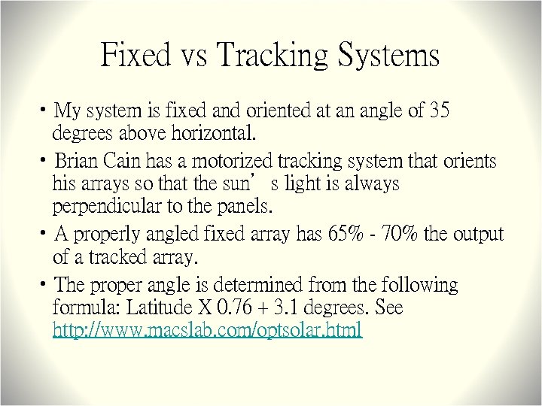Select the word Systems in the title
[388, 56]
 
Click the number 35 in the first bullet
[439, 111]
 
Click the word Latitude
[157, 308]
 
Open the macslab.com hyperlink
[207, 329]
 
